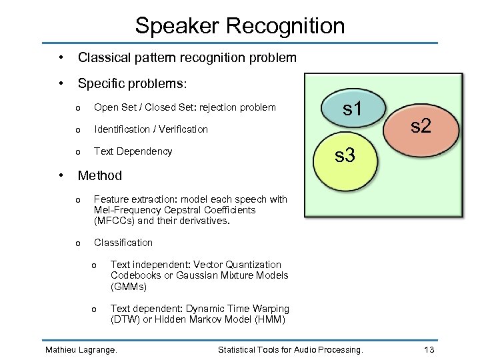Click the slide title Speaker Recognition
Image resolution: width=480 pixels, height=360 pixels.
click(x=240, y=26)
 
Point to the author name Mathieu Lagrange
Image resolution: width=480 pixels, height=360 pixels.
click(x=81, y=350)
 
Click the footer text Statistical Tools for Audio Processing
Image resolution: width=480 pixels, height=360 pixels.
click(x=291, y=350)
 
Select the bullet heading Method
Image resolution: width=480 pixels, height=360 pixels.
click(x=100, y=176)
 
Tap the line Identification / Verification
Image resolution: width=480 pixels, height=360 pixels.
click(x=151, y=129)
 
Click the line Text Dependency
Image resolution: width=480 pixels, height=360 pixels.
click(x=133, y=151)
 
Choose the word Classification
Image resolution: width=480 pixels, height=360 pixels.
click(x=123, y=243)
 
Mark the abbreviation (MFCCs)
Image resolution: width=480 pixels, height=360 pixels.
click(x=114, y=221)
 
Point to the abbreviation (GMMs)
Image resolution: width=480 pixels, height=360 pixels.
click(x=129, y=287)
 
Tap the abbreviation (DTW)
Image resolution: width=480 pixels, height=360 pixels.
click(x=126, y=319)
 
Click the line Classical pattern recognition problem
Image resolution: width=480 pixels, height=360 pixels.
click(x=187, y=58)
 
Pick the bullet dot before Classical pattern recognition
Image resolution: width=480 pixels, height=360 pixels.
click(x=61, y=58)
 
